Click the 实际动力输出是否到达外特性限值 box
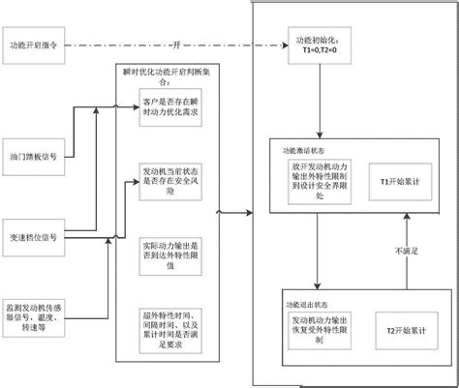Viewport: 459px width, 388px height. click(171, 244)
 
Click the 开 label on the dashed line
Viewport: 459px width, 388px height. click(176, 45)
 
